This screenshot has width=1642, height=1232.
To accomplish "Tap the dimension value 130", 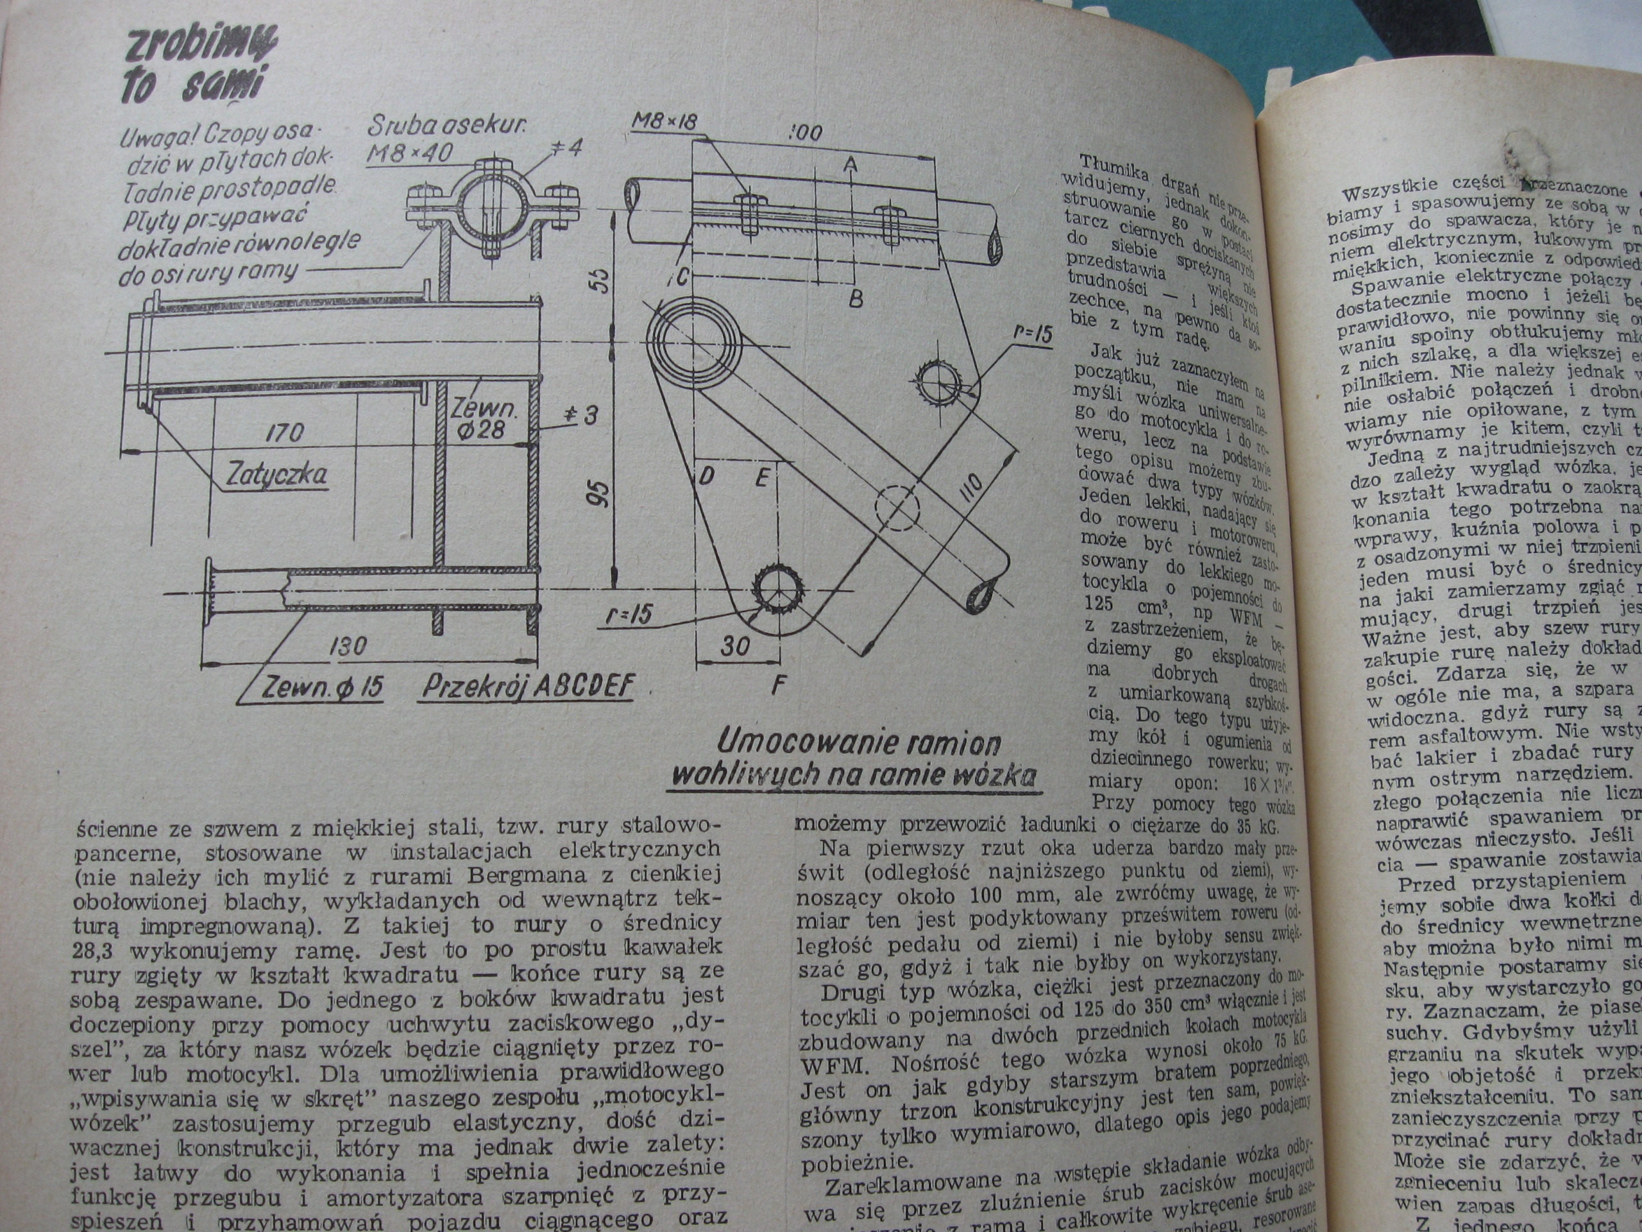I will pyautogui.click(x=348, y=647).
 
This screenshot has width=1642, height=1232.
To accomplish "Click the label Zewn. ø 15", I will pyautogui.click(x=321, y=689).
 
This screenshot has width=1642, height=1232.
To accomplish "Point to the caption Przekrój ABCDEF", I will pyautogui.click(x=528, y=687).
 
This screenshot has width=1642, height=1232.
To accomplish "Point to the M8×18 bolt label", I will pyautogui.click(x=665, y=123).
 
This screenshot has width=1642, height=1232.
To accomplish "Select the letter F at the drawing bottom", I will pyautogui.click(x=777, y=685).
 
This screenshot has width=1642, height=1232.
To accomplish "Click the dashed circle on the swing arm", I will pyautogui.click(x=897, y=507).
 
